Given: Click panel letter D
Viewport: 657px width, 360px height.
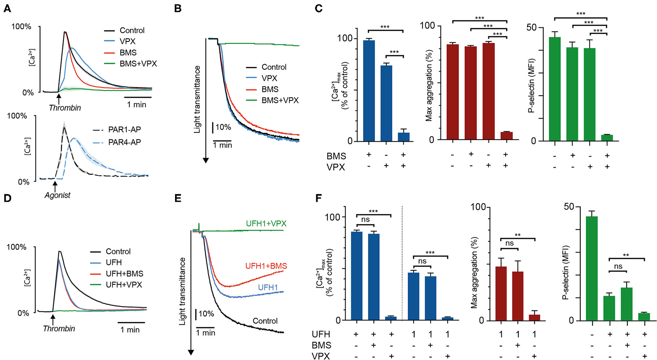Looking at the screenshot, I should click(x=7, y=199).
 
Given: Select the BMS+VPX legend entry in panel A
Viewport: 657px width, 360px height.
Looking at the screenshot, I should click(x=138, y=64).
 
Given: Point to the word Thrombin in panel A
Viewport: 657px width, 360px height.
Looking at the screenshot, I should click(x=65, y=108).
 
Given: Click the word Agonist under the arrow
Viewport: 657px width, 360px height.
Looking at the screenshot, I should click(x=57, y=195).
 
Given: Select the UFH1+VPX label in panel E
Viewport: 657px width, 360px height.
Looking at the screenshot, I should click(x=266, y=224).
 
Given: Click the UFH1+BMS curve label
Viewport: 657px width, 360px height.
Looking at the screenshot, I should click(x=266, y=266).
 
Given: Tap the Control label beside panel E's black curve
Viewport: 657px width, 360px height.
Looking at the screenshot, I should click(x=265, y=321).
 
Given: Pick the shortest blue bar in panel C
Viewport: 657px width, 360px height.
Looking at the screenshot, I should click(x=404, y=137).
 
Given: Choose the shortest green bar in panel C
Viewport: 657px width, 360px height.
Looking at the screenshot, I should click(x=607, y=138).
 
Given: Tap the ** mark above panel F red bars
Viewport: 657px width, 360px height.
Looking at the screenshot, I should click(x=518, y=235).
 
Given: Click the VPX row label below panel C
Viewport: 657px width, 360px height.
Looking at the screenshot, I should click(x=336, y=167).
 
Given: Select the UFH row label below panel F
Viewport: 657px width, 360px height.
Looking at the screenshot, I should click(x=321, y=334).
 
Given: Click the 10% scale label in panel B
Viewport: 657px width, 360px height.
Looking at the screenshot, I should click(x=223, y=128).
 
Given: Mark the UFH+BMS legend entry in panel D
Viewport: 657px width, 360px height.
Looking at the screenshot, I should click(x=124, y=274).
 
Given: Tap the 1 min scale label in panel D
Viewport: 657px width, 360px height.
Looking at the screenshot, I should click(x=130, y=330).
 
